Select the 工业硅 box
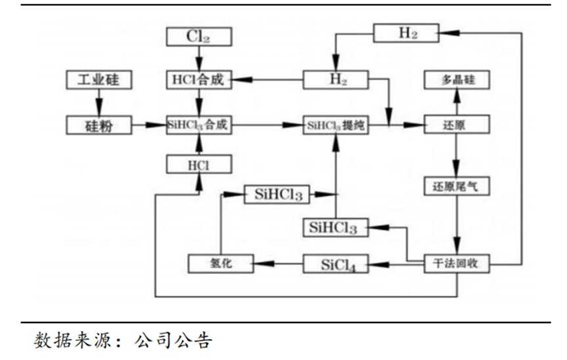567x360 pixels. (x=100, y=80)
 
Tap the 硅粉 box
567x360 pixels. (x=100, y=125)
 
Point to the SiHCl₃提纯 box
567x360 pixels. (x=335, y=125)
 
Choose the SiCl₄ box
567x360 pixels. (x=335, y=264)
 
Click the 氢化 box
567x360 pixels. (x=220, y=264)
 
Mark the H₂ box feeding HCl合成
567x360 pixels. (x=335, y=80)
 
